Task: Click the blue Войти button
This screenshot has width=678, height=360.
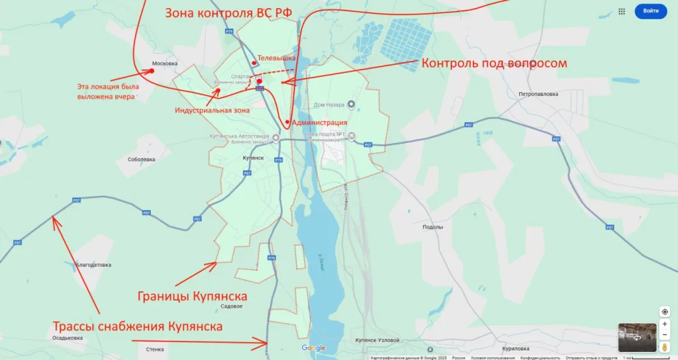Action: click(x=650, y=11)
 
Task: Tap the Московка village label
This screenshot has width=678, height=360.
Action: click(x=165, y=64)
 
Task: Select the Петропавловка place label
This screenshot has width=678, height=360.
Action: click(x=538, y=94)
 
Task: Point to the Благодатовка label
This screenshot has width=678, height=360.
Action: click(x=93, y=265)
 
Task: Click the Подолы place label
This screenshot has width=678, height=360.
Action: click(x=432, y=226)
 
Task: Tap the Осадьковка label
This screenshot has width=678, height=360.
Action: click(x=68, y=337)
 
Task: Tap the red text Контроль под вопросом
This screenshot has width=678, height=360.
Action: click(x=494, y=64)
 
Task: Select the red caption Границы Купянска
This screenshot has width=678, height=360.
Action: click(x=192, y=295)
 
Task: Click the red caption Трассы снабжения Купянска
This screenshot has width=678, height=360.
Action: click(x=138, y=326)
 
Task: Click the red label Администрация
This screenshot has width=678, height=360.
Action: click(x=319, y=122)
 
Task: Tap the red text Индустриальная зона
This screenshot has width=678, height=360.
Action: click(x=212, y=111)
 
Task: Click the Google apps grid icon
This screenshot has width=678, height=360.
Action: click(x=622, y=11)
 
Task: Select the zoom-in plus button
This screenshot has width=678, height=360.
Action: click(x=665, y=324)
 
